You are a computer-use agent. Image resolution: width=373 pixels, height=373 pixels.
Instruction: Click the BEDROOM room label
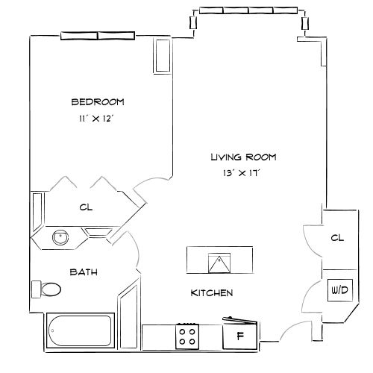[x=97, y=102]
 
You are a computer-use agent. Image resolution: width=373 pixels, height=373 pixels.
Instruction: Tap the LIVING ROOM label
[x=243, y=157]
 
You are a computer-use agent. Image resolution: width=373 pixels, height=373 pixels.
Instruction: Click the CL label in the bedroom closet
[x=86, y=208]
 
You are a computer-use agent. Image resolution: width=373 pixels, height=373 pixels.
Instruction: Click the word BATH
[x=83, y=272]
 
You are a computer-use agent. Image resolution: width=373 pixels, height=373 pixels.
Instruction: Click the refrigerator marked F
[x=240, y=335]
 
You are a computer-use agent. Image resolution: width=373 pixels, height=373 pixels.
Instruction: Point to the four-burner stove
[x=186, y=334]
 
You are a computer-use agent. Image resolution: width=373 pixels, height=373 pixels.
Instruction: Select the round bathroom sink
[x=59, y=238]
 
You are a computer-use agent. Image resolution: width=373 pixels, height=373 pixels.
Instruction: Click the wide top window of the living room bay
[x=249, y=10]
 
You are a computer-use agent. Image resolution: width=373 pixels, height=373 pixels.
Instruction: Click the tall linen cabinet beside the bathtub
[x=128, y=313]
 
